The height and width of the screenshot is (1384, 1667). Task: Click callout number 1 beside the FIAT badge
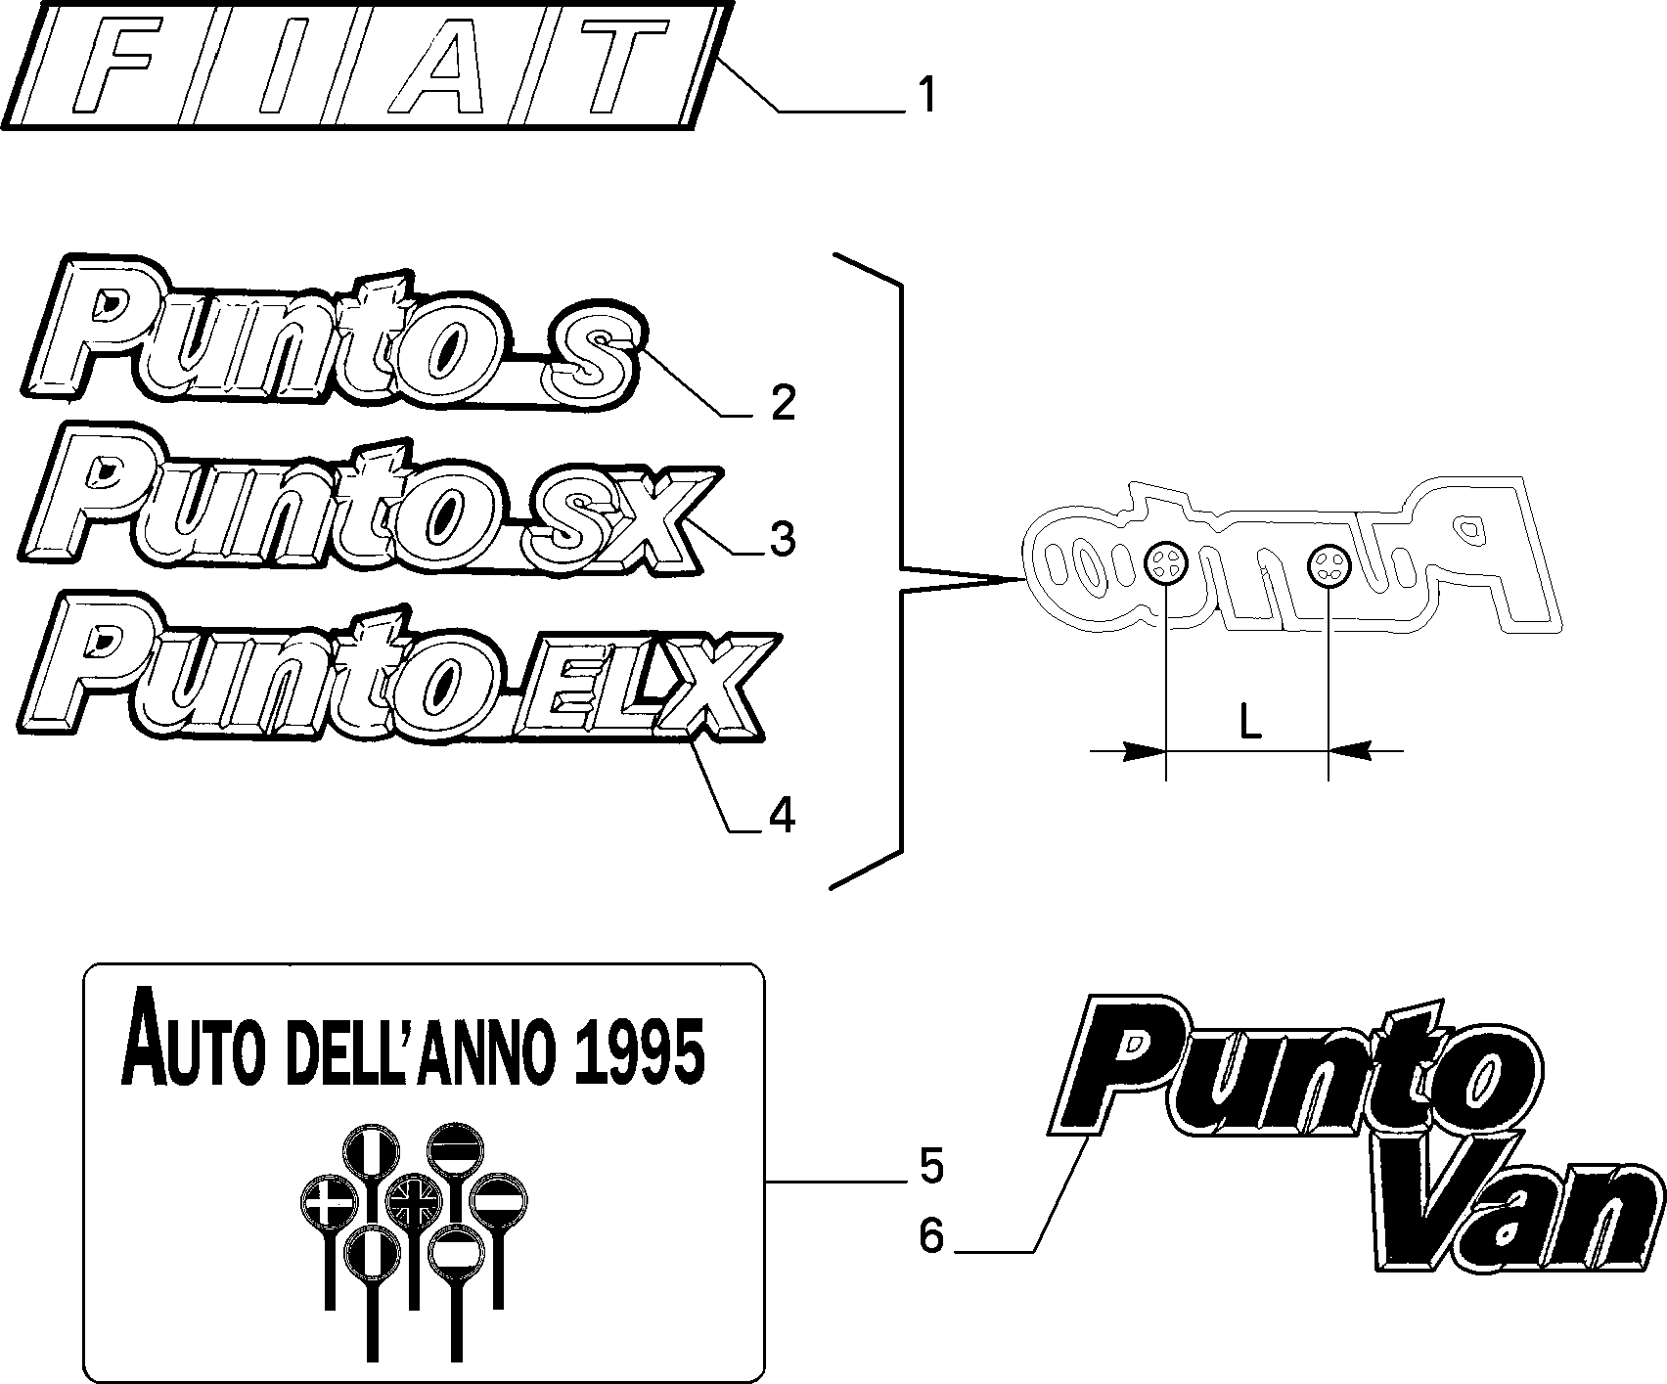click(925, 97)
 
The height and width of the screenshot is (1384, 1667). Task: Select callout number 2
click(783, 402)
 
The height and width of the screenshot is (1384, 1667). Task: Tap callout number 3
click(782, 539)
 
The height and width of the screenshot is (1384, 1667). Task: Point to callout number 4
click(781, 815)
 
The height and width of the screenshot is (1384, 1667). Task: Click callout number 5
click(930, 1167)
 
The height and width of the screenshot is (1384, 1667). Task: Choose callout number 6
click(930, 1237)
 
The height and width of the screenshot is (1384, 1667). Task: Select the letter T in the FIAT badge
click(599, 65)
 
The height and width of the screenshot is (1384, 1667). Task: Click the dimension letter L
click(1249, 722)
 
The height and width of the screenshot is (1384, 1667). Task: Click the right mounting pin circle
click(1329, 562)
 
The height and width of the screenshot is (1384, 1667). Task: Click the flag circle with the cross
click(328, 1201)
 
